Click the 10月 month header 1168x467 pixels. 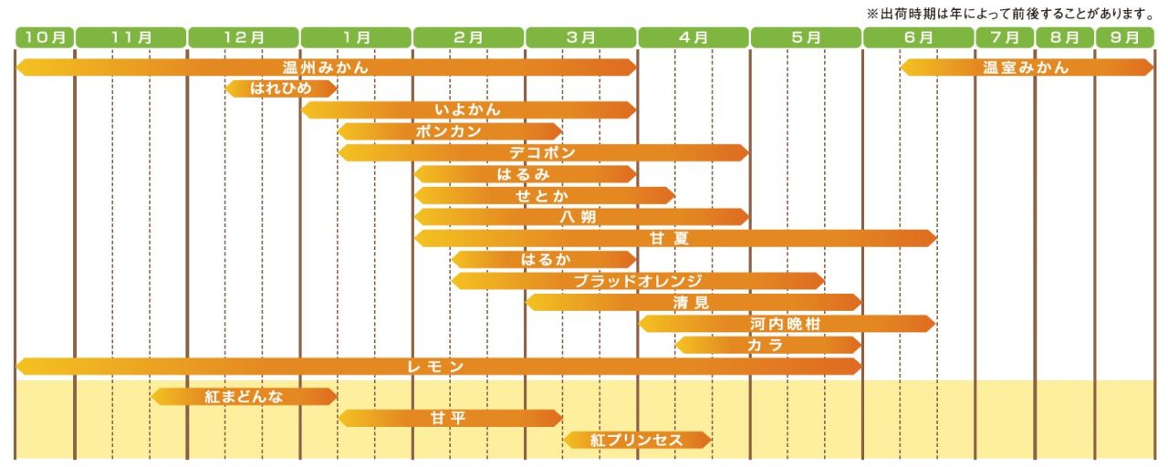pyautogui.click(x=44, y=37)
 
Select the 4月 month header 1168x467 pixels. pyautogui.click(x=693, y=37)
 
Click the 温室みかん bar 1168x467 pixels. pyautogui.click(x=1027, y=67)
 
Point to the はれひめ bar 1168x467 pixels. pyautogui.click(x=281, y=88)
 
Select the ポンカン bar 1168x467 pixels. pyautogui.click(x=449, y=131)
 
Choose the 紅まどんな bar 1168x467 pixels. pyautogui.click(x=244, y=396)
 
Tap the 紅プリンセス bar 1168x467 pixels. pyautogui.click(x=637, y=440)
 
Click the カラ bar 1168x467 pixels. pyautogui.click(x=766, y=345)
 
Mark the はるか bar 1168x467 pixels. pyautogui.click(x=544, y=259)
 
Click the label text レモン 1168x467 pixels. pyautogui.click(x=437, y=367)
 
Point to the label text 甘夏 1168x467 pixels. pyautogui.click(x=675, y=238)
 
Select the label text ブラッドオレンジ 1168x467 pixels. pyautogui.click(x=638, y=281)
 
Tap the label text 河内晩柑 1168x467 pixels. pyautogui.click(x=786, y=324)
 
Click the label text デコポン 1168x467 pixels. pyautogui.click(x=543, y=152)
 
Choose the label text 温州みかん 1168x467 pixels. pyautogui.click(x=326, y=67)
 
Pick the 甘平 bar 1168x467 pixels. pyautogui.click(x=449, y=418)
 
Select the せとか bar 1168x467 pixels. pyautogui.click(x=544, y=195)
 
